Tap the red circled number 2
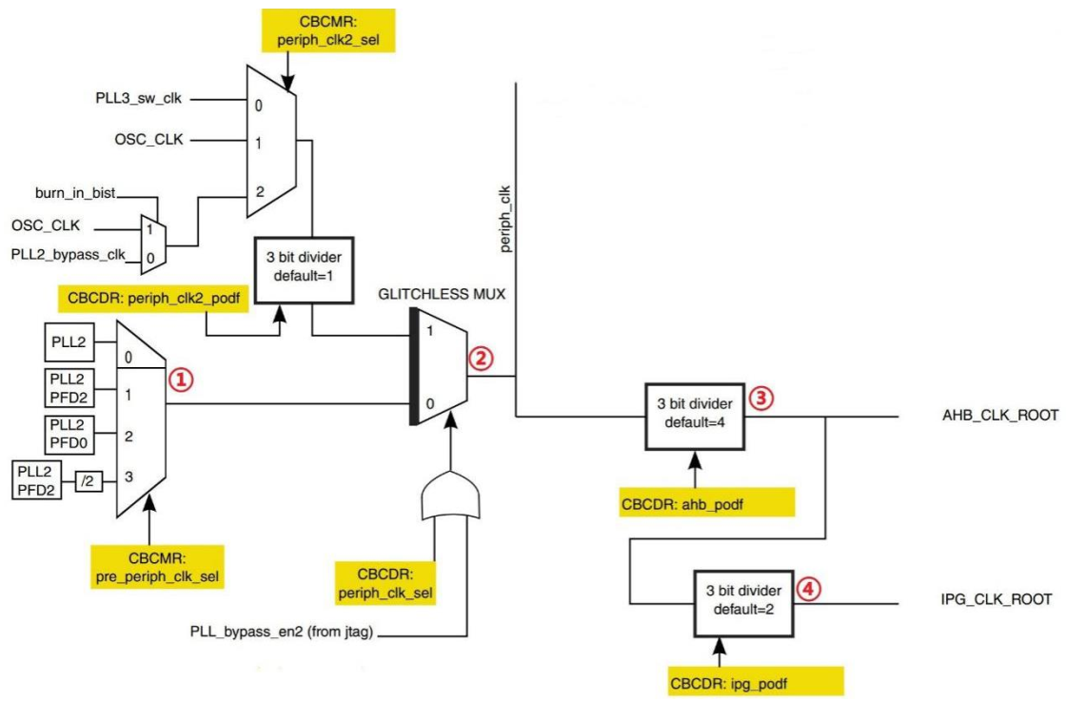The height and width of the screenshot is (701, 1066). [482, 359]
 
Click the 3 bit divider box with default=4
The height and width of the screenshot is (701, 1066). [695, 418]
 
